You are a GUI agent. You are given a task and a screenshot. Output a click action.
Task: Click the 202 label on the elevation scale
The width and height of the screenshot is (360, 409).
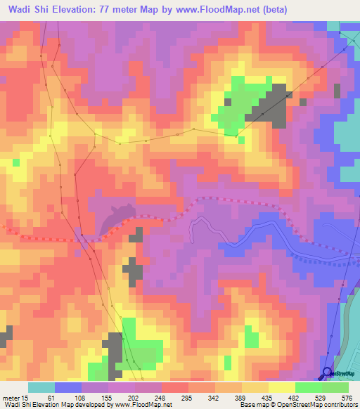[x=144, y=397]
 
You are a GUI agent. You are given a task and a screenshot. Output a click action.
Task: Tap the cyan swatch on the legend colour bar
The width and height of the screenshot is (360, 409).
[x=41, y=387]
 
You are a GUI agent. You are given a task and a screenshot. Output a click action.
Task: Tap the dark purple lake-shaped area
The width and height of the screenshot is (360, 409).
[x=116, y=218]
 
